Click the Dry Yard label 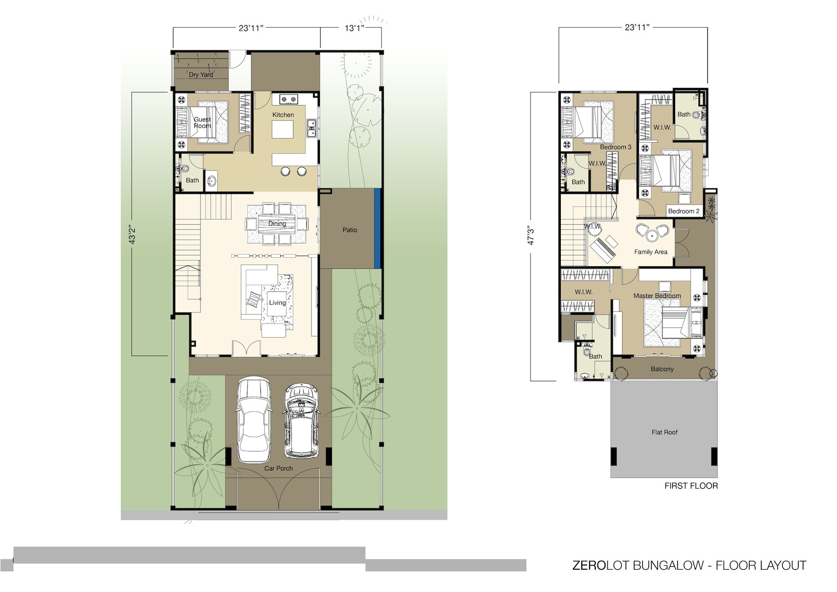[x=201, y=74]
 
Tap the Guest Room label [x=202, y=123]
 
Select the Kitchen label [x=283, y=115]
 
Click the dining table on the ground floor [x=277, y=224]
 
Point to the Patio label [x=350, y=230]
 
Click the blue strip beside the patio [x=378, y=228]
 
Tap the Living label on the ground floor [x=277, y=303]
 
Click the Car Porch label [x=279, y=468]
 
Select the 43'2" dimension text [x=132, y=235]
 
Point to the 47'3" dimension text [x=531, y=235]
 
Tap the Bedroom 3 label [x=616, y=147]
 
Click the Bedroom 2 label [x=684, y=211]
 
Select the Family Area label [x=651, y=252]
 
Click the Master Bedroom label [x=657, y=296]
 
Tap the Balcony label [x=662, y=369]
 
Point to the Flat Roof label [x=664, y=432]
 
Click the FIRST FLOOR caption [x=691, y=486]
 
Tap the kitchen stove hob [x=288, y=99]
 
